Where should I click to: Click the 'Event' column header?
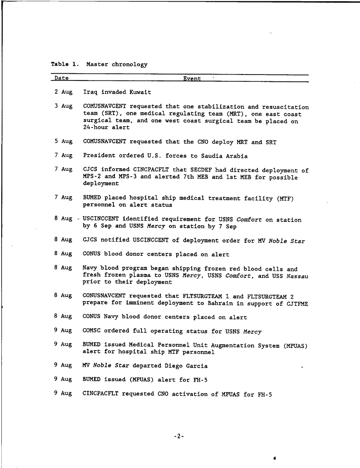192,78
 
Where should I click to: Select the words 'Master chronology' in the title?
117,64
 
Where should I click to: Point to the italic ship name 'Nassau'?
297,276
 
